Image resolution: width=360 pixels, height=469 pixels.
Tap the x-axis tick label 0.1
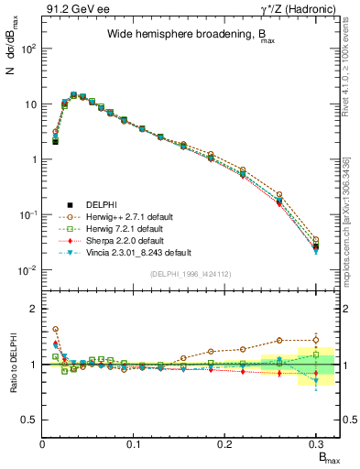(134, 444)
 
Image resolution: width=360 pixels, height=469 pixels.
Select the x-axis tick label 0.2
(224, 444)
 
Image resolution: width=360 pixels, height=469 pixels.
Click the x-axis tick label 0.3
(316, 444)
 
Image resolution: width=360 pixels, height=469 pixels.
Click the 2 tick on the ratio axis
(35, 309)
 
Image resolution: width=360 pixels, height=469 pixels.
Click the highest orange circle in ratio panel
(55, 329)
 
